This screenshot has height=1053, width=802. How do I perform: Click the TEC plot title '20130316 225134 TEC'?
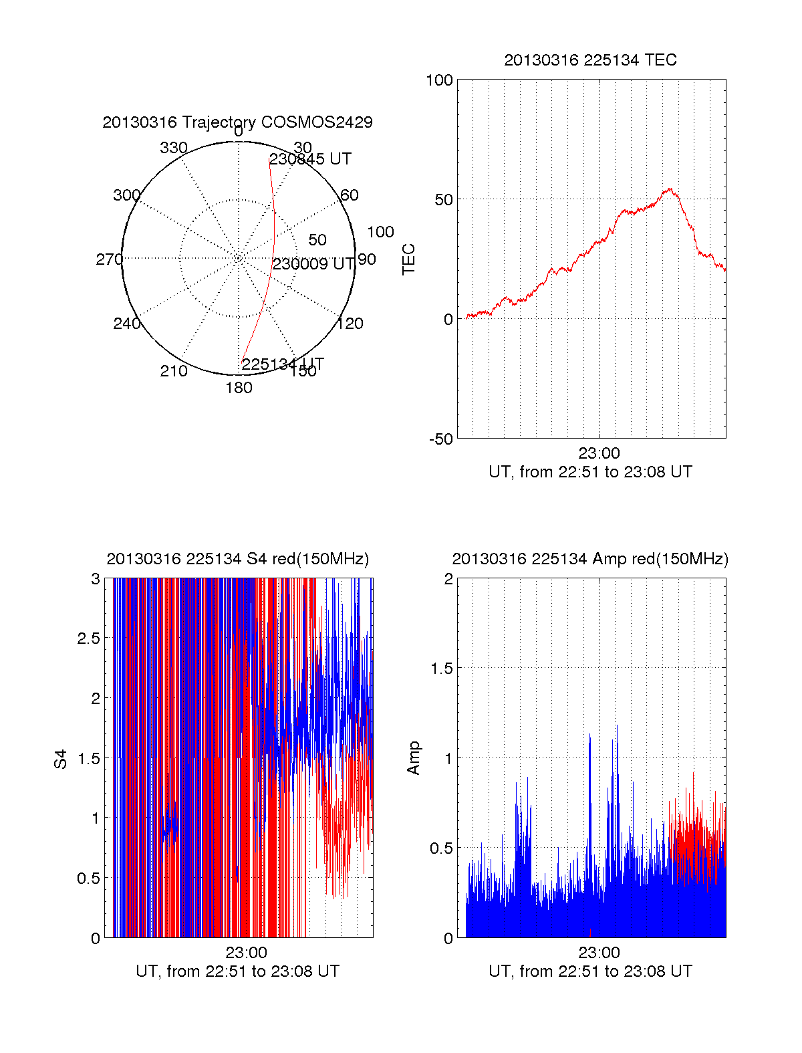pyautogui.click(x=590, y=60)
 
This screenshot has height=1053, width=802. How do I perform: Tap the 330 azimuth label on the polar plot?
pyautogui.click(x=174, y=148)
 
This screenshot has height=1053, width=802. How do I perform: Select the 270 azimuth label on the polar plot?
pyautogui.click(x=109, y=259)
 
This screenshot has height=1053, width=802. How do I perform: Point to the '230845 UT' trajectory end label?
pyautogui.click(x=310, y=159)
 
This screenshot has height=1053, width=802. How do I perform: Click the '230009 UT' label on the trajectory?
pyautogui.click(x=313, y=264)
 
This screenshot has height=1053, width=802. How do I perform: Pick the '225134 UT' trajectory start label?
pyautogui.click(x=282, y=364)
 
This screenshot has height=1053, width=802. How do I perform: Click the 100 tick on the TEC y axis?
pyautogui.click(x=439, y=81)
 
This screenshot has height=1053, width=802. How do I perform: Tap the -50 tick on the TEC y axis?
pyautogui.click(x=440, y=439)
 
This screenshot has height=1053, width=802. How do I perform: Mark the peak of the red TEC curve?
pyautogui.click(x=669, y=189)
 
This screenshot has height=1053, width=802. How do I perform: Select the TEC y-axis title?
pyautogui.click(x=409, y=259)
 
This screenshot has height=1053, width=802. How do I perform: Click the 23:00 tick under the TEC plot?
pyautogui.click(x=599, y=453)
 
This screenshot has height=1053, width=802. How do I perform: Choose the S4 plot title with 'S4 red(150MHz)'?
pyautogui.click(x=237, y=559)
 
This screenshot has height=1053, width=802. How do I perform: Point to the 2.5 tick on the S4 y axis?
pyautogui.click(x=89, y=638)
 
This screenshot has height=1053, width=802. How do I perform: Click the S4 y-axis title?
pyautogui.click(x=61, y=759)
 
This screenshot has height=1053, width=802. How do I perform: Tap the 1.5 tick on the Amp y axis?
pyautogui.click(x=442, y=669)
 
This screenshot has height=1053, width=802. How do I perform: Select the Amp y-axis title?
pyautogui.click(x=414, y=758)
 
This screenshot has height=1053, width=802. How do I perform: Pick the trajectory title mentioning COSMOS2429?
pyautogui.click(x=237, y=122)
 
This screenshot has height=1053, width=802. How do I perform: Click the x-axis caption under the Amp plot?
pyautogui.click(x=590, y=971)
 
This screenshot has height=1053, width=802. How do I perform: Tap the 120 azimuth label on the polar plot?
pyautogui.click(x=350, y=324)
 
